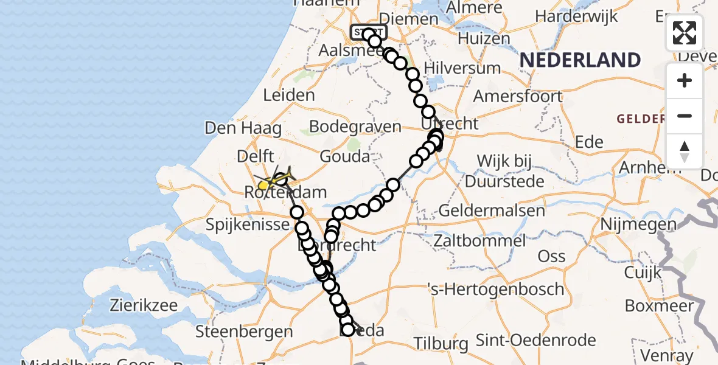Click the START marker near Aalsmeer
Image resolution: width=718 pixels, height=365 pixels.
pyautogui.click(x=368, y=32)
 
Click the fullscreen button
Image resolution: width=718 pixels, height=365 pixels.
pyautogui.click(x=685, y=33)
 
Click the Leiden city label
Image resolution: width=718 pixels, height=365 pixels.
pyautogui.click(x=289, y=96)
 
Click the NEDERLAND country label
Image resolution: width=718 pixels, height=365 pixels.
pyautogui.click(x=580, y=60)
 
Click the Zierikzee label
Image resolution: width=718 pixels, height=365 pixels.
pyautogui.click(x=141, y=305)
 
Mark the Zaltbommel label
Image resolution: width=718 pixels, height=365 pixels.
pyautogui.click(x=479, y=240)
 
